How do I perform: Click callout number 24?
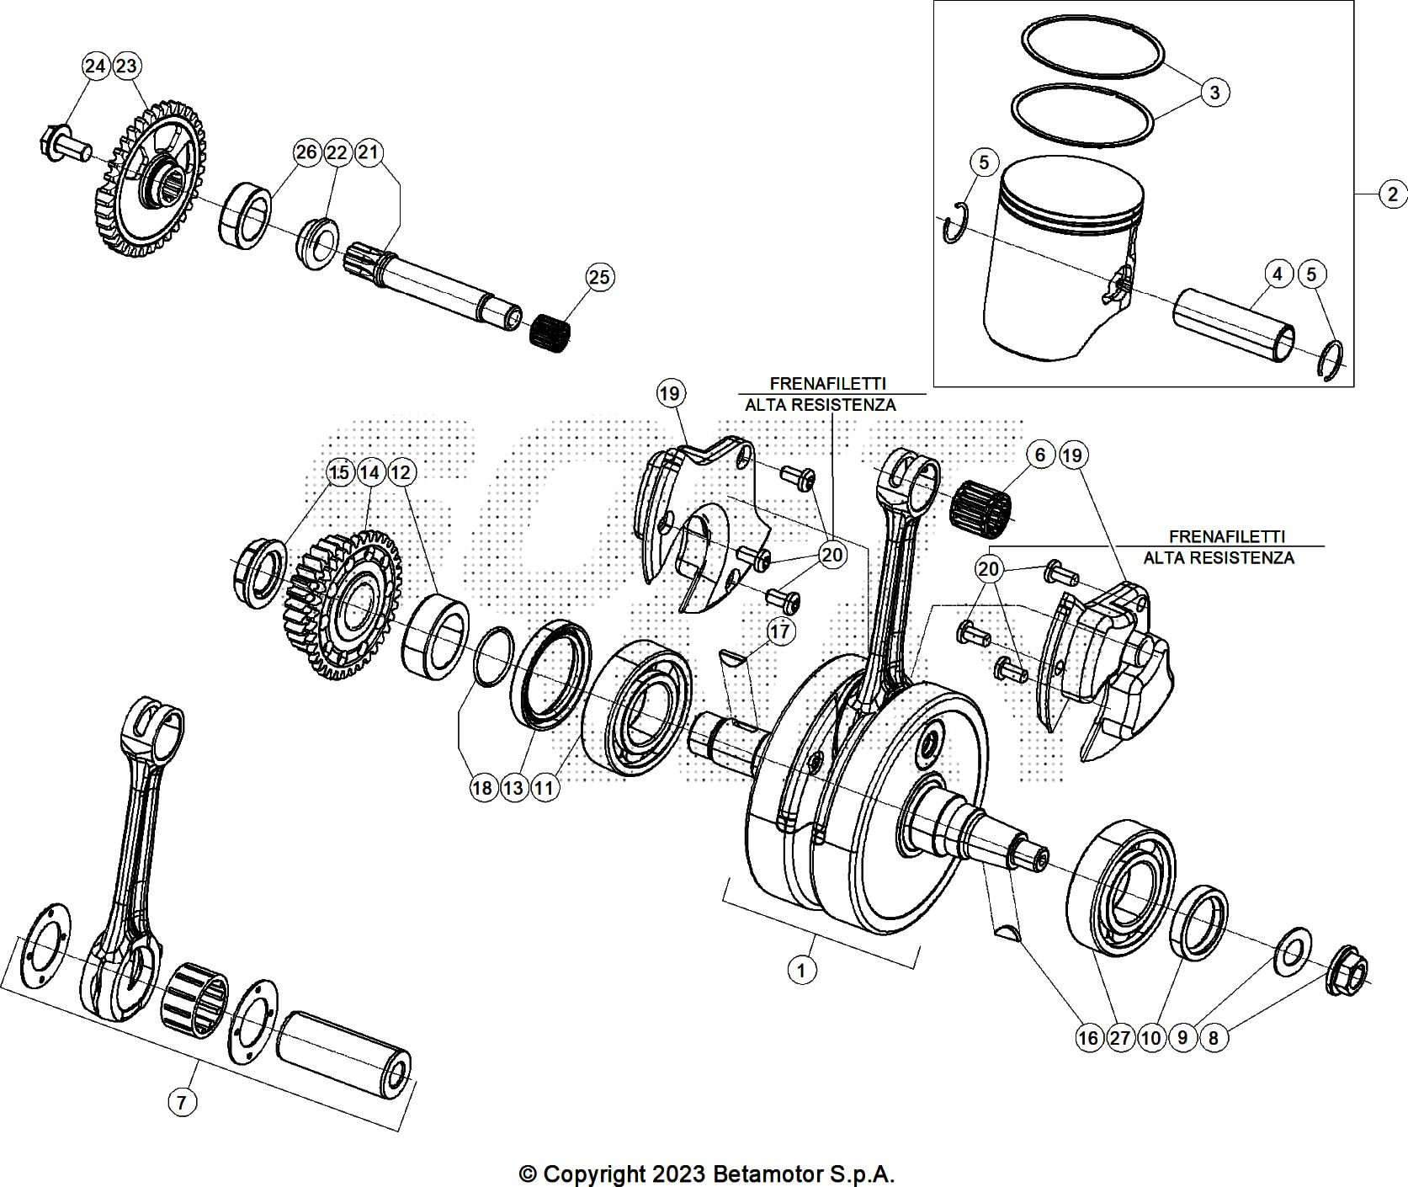click(x=96, y=66)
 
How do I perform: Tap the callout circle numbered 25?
click(x=600, y=277)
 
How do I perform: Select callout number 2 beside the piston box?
click(x=1392, y=194)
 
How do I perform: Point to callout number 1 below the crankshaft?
click(x=801, y=970)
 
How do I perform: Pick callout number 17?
click(x=781, y=631)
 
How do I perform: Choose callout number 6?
click(x=1040, y=455)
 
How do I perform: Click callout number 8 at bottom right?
click(x=1213, y=1038)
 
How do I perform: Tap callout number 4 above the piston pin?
click(x=1278, y=274)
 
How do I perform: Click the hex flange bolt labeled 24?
click(x=64, y=146)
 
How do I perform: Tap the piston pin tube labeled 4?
click(x=1233, y=326)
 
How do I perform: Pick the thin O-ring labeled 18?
click(x=494, y=656)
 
